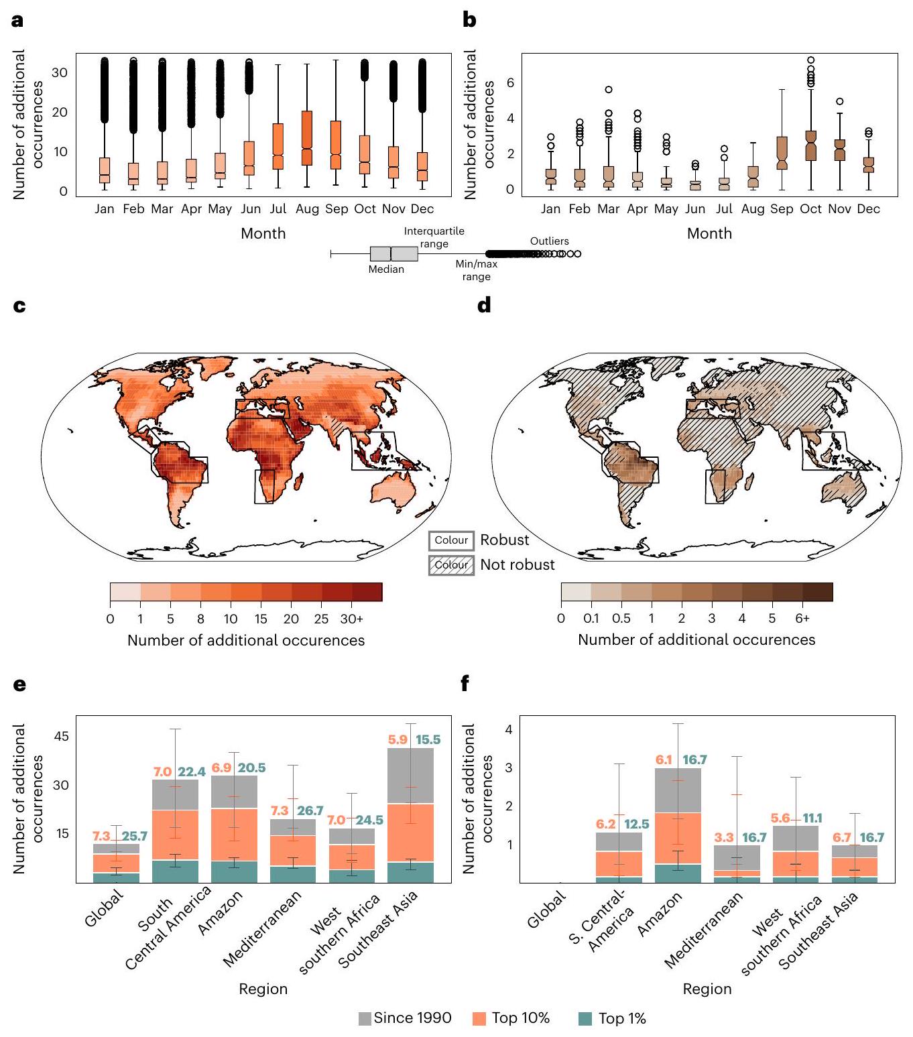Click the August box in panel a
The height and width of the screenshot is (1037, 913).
[307, 137]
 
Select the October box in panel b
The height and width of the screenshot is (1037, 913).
[810, 145]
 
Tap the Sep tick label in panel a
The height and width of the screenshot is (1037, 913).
[337, 209]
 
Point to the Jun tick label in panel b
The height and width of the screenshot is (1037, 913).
[695, 209]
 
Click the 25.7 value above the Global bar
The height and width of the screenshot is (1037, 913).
[135, 836]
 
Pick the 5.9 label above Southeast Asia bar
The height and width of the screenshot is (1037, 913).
[398, 740]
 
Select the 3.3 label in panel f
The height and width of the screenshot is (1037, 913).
[724, 837]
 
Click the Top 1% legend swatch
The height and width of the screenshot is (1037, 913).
[585, 1019]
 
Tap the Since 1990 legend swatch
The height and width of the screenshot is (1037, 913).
[365, 1019]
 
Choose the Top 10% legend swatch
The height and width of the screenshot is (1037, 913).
[479, 1019]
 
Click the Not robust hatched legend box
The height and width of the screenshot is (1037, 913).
[451, 565]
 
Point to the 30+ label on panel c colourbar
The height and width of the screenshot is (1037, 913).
[352, 619]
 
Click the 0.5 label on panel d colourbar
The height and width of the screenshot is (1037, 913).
[621, 619]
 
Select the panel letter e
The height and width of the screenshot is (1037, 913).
[19, 684]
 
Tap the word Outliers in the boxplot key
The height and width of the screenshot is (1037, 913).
[549, 241]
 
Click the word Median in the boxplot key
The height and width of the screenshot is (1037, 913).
[386, 269]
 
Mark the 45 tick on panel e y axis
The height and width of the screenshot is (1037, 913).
[61, 737]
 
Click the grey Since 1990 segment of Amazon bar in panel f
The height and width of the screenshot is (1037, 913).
[678, 790]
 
